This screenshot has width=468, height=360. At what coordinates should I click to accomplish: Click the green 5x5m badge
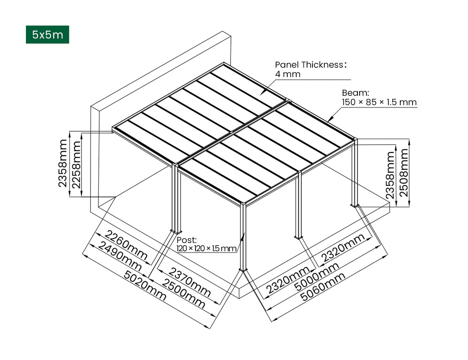coord(47,35)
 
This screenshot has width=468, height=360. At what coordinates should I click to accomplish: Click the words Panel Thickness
coord(309,65)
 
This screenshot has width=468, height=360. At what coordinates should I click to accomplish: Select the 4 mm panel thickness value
coord(287,74)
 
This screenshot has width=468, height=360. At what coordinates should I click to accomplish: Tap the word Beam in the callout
coord(355,93)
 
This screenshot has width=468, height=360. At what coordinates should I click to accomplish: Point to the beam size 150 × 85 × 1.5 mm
coord(379,103)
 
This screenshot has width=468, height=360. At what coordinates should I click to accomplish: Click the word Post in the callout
coord(187,240)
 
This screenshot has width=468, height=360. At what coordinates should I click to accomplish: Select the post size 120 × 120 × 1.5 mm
coord(206,249)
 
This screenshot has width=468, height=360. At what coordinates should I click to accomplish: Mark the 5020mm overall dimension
coord(145,285)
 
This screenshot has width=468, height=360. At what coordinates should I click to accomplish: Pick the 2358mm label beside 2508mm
coord(390,175)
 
